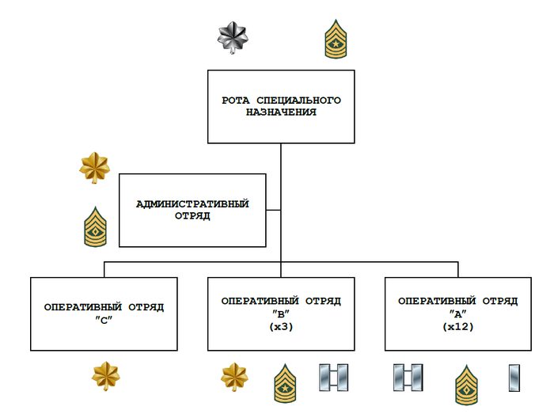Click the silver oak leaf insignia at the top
[x=233, y=36]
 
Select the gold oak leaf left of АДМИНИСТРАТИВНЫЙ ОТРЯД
[x=95, y=167]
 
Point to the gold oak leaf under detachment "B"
[x=234, y=378]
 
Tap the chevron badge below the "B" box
[x=286, y=383]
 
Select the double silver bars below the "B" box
[x=331, y=378]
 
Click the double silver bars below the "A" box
[x=408, y=378]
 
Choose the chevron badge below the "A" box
[x=467, y=384]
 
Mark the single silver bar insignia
[x=514, y=378]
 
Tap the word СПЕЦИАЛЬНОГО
[x=298, y=101]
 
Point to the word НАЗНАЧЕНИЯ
[x=281, y=112]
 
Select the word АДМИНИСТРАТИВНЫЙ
[x=192, y=204]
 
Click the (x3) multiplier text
[x=281, y=325]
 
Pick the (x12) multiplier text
[x=458, y=325]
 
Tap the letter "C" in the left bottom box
[x=104, y=319]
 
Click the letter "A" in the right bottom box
[x=458, y=313]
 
